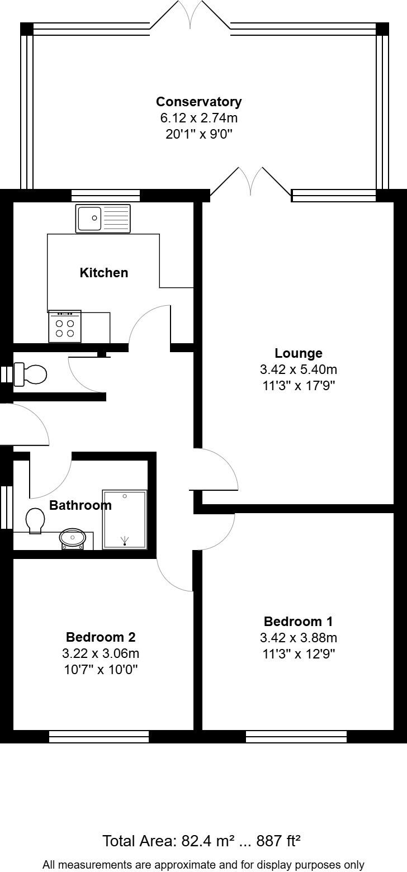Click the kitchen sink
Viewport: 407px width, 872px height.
pyautogui.click(x=103, y=219)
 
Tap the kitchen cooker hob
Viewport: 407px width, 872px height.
pyautogui.click(x=65, y=326)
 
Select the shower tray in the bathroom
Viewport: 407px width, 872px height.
pyautogui.click(x=125, y=519)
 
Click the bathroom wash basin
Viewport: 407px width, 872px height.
pyautogui.click(x=72, y=538)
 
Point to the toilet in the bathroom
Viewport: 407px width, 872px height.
pyautogui.click(x=35, y=520)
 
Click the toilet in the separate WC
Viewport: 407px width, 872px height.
pyautogui.click(x=31, y=374)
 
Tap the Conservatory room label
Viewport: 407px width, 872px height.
pyautogui.click(x=199, y=102)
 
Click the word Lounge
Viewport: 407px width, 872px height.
pyautogui.click(x=299, y=353)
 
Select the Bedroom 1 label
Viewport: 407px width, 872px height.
pyautogui.click(x=298, y=622)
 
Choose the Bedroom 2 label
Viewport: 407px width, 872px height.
pyautogui.click(x=101, y=637)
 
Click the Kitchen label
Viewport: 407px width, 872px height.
pyautogui.click(x=104, y=273)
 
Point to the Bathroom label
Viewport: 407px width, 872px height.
pyautogui.click(x=81, y=505)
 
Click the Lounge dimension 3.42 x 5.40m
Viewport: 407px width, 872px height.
pyautogui.click(x=299, y=369)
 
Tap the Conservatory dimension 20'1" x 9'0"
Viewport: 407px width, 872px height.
pyautogui.click(x=199, y=134)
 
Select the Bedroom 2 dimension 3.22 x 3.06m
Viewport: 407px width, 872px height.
pyautogui.click(x=101, y=653)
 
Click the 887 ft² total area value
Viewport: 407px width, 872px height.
pyautogui.click(x=278, y=841)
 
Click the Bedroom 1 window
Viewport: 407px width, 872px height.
pyautogui.click(x=296, y=737)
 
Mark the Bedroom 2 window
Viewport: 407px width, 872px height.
pyautogui.click(x=99, y=737)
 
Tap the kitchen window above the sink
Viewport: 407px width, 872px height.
pyautogui.click(x=105, y=195)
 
